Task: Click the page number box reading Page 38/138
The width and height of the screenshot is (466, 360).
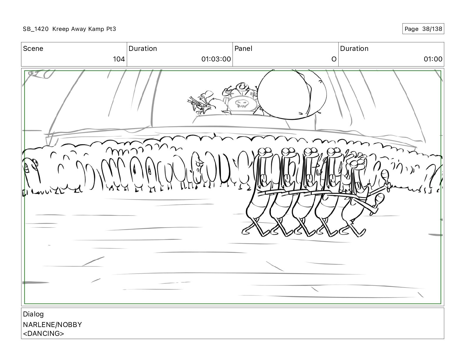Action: [423, 29]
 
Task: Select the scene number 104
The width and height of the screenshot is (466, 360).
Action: [119, 59]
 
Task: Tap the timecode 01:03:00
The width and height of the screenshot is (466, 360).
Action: [216, 59]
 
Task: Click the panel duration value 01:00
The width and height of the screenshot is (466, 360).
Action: [433, 59]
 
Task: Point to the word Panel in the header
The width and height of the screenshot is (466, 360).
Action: [243, 49]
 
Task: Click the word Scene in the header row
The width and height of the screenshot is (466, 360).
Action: [33, 49]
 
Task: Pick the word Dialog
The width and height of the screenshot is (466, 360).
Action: [33, 314]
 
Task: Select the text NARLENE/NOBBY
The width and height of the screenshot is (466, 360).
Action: [52, 325]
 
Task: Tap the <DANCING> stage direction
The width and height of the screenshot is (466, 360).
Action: [44, 334]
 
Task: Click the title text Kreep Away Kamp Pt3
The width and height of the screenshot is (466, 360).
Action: [84, 29]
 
